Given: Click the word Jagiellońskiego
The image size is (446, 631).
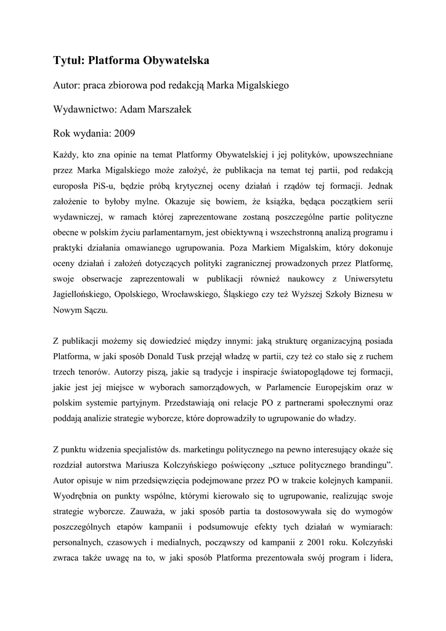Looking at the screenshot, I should pos(86,295).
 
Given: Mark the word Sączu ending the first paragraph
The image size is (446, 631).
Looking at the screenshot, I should pos(95,311).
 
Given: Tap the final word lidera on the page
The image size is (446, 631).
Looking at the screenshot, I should pos(380,558).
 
